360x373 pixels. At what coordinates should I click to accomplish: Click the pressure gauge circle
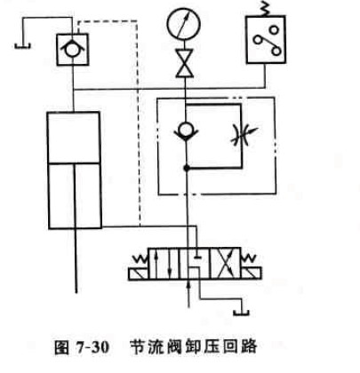pos(184,24)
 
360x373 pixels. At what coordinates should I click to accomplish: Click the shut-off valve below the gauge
pos(185,63)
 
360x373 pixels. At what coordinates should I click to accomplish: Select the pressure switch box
pos(266,39)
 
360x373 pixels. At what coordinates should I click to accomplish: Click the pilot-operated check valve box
pos(72,50)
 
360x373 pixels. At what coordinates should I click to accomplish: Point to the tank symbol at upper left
pos(22,45)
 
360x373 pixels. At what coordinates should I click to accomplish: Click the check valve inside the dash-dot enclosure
pos(186,131)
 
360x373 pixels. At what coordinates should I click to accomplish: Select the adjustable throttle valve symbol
pos(244,135)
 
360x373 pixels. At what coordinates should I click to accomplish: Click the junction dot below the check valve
pos(187,168)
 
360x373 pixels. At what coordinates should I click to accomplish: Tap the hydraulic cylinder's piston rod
pos(76,228)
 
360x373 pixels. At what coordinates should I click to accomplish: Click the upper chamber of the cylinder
pos(73,137)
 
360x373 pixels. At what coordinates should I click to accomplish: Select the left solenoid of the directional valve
pos(139,274)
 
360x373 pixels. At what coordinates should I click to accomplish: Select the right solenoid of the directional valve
pos(252,274)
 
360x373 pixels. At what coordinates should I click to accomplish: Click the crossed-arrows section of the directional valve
pos(225,264)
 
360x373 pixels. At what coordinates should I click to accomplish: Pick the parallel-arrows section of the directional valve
pos(164,264)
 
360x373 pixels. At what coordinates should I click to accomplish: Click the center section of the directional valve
pos(195,264)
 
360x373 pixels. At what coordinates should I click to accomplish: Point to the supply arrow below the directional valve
pos(188,294)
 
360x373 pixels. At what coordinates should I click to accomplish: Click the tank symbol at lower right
pos(242,312)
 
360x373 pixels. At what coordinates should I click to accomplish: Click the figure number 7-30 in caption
pos(92,346)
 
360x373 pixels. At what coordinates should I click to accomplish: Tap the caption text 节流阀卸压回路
pos(194,346)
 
